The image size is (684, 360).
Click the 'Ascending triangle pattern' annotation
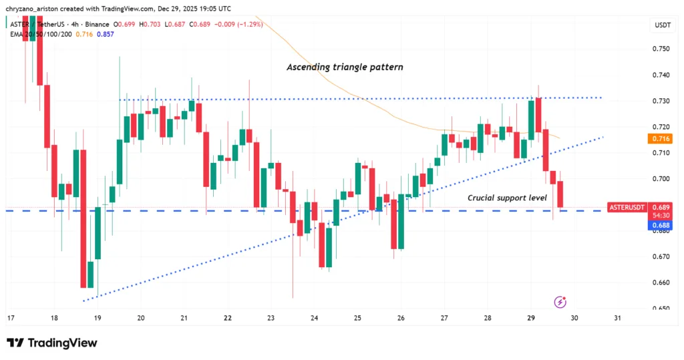coord(344,67)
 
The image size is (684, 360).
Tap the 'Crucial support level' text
coord(507,198)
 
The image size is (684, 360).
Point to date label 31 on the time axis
coord(618,319)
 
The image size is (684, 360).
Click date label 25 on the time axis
coord(357,319)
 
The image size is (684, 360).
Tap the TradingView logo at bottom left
coord(51,343)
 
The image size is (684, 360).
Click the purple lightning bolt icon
coord(561,303)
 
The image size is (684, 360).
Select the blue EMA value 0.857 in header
coord(106,33)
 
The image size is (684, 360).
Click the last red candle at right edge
coord(560,194)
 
